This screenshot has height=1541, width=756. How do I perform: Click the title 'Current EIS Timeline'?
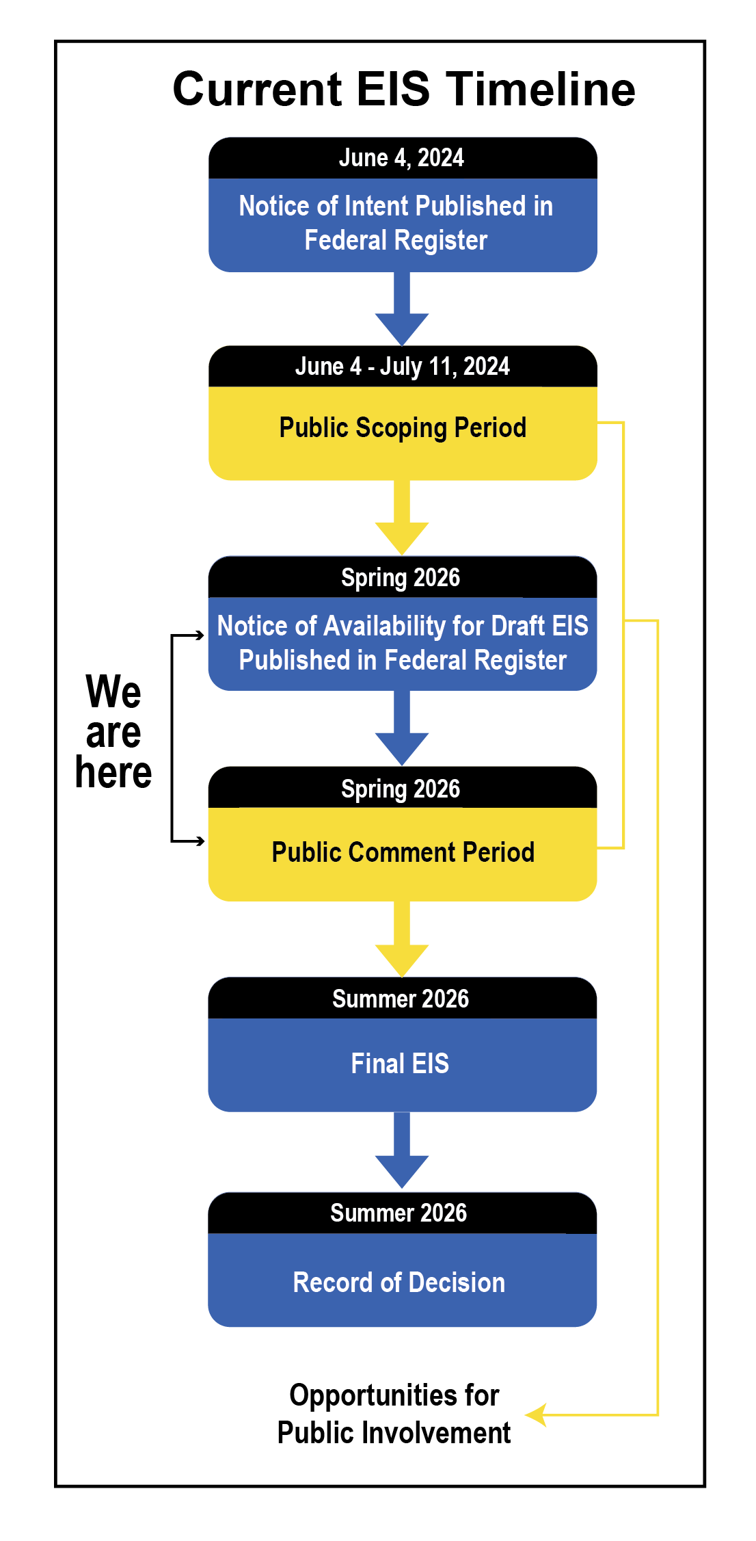[x=403, y=89]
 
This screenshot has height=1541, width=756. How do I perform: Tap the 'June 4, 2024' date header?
[x=401, y=158]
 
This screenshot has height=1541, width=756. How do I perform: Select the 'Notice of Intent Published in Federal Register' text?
[x=396, y=223]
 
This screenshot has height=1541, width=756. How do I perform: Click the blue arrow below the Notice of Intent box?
[x=402, y=311]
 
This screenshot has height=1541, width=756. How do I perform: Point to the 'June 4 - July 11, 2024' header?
[x=402, y=367]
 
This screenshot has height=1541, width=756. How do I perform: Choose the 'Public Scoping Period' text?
[x=403, y=428]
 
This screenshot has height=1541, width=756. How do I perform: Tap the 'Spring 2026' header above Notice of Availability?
[x=401, y=577]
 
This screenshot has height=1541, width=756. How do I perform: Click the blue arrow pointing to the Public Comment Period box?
[x=402, y=732]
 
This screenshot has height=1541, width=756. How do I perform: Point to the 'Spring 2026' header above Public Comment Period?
[x=401, y=788]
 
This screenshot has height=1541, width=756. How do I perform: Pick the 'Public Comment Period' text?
[x=403, y=852]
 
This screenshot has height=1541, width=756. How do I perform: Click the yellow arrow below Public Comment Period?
[x=402, y=943]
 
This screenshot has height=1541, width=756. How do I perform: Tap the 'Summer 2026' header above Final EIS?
[x=401, y=999]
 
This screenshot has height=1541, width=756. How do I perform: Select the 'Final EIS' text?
[x=400, y=1064]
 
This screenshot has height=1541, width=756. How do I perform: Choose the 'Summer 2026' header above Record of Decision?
[x=399, y=1213]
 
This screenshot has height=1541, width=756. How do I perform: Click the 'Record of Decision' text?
[x=399, y=1282]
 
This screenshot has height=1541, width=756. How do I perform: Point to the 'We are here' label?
[x=113, y=732]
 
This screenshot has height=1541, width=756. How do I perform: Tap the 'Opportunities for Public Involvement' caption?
[x=394, y=1414]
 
